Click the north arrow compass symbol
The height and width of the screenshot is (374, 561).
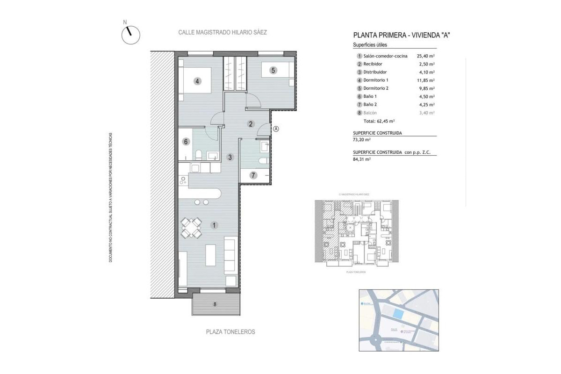click(130, 35)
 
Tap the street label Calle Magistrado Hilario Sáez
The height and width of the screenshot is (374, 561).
click(223, 33)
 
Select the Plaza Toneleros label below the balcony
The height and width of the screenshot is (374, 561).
click(230, 331)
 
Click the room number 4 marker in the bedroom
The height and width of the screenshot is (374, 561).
click(198, 81)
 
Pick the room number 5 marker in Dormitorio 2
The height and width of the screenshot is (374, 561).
click(273, 71)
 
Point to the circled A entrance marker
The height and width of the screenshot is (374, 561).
click(276, 129)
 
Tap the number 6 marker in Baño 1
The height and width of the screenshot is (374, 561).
click(186, 142)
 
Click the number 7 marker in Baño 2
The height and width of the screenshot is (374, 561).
click(253, 175)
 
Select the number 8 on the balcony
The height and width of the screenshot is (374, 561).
click(215, 305)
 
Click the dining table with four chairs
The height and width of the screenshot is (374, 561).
click(192, 228)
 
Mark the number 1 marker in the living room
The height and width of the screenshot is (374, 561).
click(214, 225)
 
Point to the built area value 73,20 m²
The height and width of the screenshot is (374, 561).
click(362, 140)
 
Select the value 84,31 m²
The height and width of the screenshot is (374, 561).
click(362, 159)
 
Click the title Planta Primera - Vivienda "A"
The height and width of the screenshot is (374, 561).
click(402, 35)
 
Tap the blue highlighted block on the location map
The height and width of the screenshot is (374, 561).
click(397, 314)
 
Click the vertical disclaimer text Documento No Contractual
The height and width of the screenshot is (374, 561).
click(111, 196)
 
